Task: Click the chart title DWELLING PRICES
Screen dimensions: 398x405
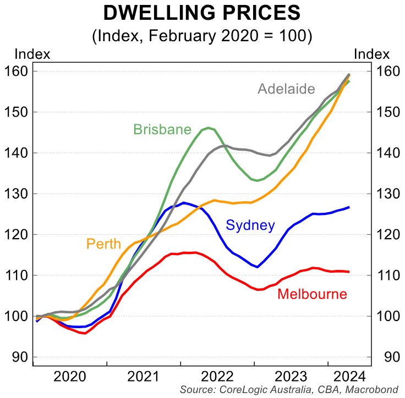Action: (x=202, y=14)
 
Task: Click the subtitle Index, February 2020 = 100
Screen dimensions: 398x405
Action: (x=202, y=36)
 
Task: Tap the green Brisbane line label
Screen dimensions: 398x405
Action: (x=162, y=130)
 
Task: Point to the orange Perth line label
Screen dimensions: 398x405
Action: (x=104, y=243)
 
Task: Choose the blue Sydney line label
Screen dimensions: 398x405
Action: (x=251, y=224)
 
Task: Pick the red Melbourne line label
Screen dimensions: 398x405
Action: (x=312, y=294)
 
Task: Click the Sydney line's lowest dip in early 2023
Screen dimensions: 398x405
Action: (x=258, y=267)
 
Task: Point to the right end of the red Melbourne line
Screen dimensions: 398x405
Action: (x=349, y=272)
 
